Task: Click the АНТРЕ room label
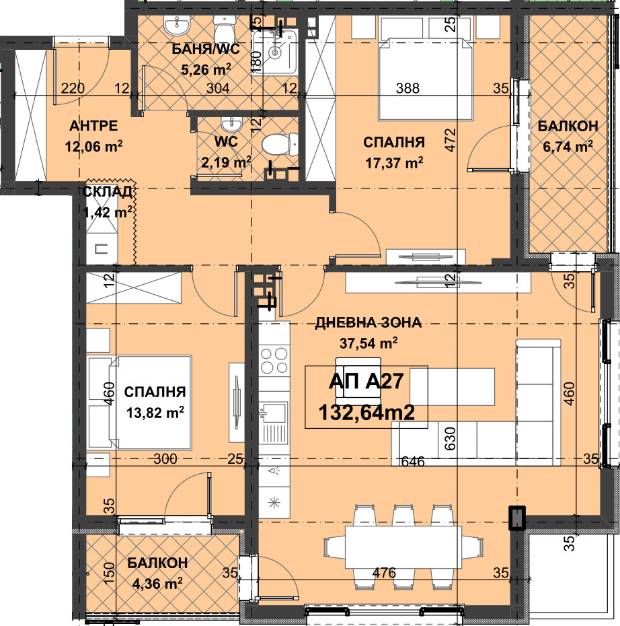coord(93,126)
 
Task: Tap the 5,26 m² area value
coord(206,70)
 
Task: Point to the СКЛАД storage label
coord(107,192)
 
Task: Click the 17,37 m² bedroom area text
coord(394,162)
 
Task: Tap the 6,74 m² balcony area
coord(568,147)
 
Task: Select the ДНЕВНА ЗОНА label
coord(368,322)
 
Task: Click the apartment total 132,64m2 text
coord(366,412)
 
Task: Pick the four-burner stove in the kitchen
coord(274,360)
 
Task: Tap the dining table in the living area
coord(403,547)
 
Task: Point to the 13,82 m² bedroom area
coord(155,412)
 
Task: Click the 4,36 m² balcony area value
coord(157,584)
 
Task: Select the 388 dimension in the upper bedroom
coord(408,88)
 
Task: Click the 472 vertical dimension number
coord(450,139)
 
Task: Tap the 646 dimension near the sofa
coord(413,462)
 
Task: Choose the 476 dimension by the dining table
coord(385,573)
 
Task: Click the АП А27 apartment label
coord(366,381)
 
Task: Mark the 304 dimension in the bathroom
coord(218,88)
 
